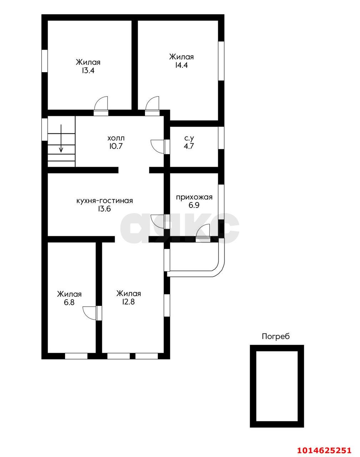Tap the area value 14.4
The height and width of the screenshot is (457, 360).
click(181, 65)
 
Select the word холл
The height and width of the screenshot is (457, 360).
click(116, 138)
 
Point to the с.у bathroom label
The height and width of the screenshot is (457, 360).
click(189, 139)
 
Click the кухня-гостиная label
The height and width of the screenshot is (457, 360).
click(105, 201)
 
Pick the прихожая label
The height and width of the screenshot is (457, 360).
click(194, 197)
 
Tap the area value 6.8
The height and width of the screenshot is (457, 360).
click(69, 302)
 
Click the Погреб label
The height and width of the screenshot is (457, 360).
click(276, 336)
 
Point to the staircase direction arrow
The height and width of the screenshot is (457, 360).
click(61, 138)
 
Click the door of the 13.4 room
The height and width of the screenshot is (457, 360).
click(101, 106)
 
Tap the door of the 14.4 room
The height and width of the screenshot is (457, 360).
click(152, 106)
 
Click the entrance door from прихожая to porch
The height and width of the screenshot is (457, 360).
click(203, 233)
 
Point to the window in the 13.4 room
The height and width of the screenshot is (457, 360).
click(45, 61)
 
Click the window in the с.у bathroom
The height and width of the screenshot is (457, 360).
click(221, 138)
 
